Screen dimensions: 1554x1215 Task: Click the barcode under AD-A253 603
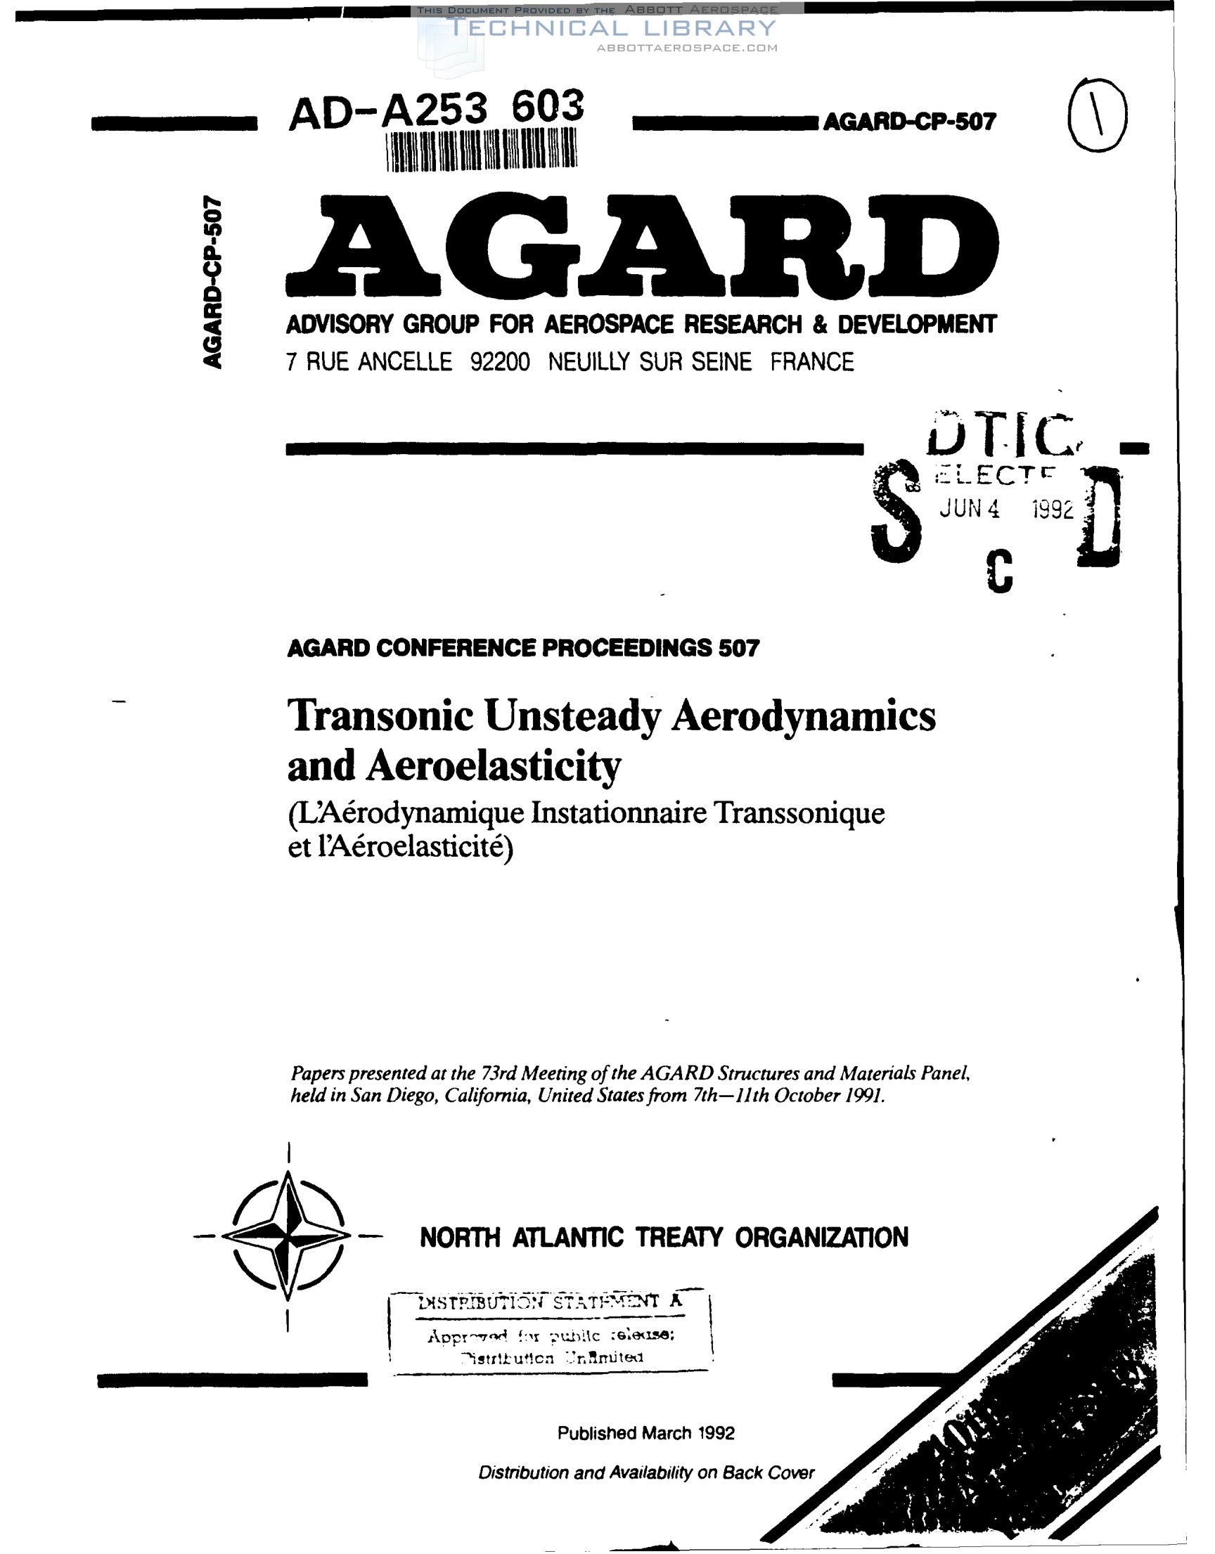tap(482, 150)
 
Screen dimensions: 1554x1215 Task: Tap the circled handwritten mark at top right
tap(1098, 115)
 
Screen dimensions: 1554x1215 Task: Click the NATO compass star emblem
tap(287, 1236)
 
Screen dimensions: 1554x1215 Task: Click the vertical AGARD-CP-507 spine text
tap(212, 282)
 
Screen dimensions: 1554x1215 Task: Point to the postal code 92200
tap(500, 362)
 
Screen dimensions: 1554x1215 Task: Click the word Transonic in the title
tap(381, 716)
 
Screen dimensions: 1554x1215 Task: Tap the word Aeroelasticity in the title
tap(494, 767)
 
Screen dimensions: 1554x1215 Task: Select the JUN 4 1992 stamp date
tap(1005, 509)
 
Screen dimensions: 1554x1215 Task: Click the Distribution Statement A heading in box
tap(548, 1302)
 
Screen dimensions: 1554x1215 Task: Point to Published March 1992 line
tap(645, 1433)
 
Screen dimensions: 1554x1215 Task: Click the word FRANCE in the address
tap(812, 362)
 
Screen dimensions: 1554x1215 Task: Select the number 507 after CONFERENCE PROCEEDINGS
tap(738, 648)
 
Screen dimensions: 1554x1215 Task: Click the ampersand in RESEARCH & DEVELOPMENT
tap(819, 325)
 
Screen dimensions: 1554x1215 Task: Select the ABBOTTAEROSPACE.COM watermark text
tap(687, 48)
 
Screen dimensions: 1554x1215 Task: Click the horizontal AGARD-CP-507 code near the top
tap(909, 122)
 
